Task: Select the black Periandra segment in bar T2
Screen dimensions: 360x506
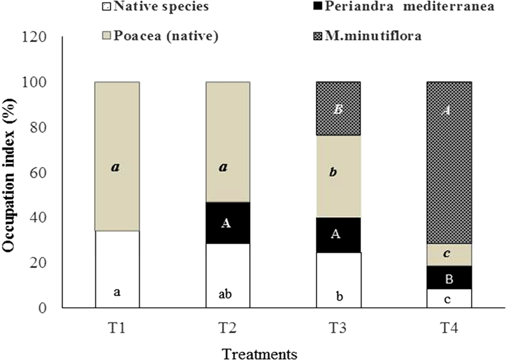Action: [227, 223]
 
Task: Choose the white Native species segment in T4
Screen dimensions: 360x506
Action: [449, 298]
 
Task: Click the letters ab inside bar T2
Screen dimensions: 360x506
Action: [226, 295]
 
